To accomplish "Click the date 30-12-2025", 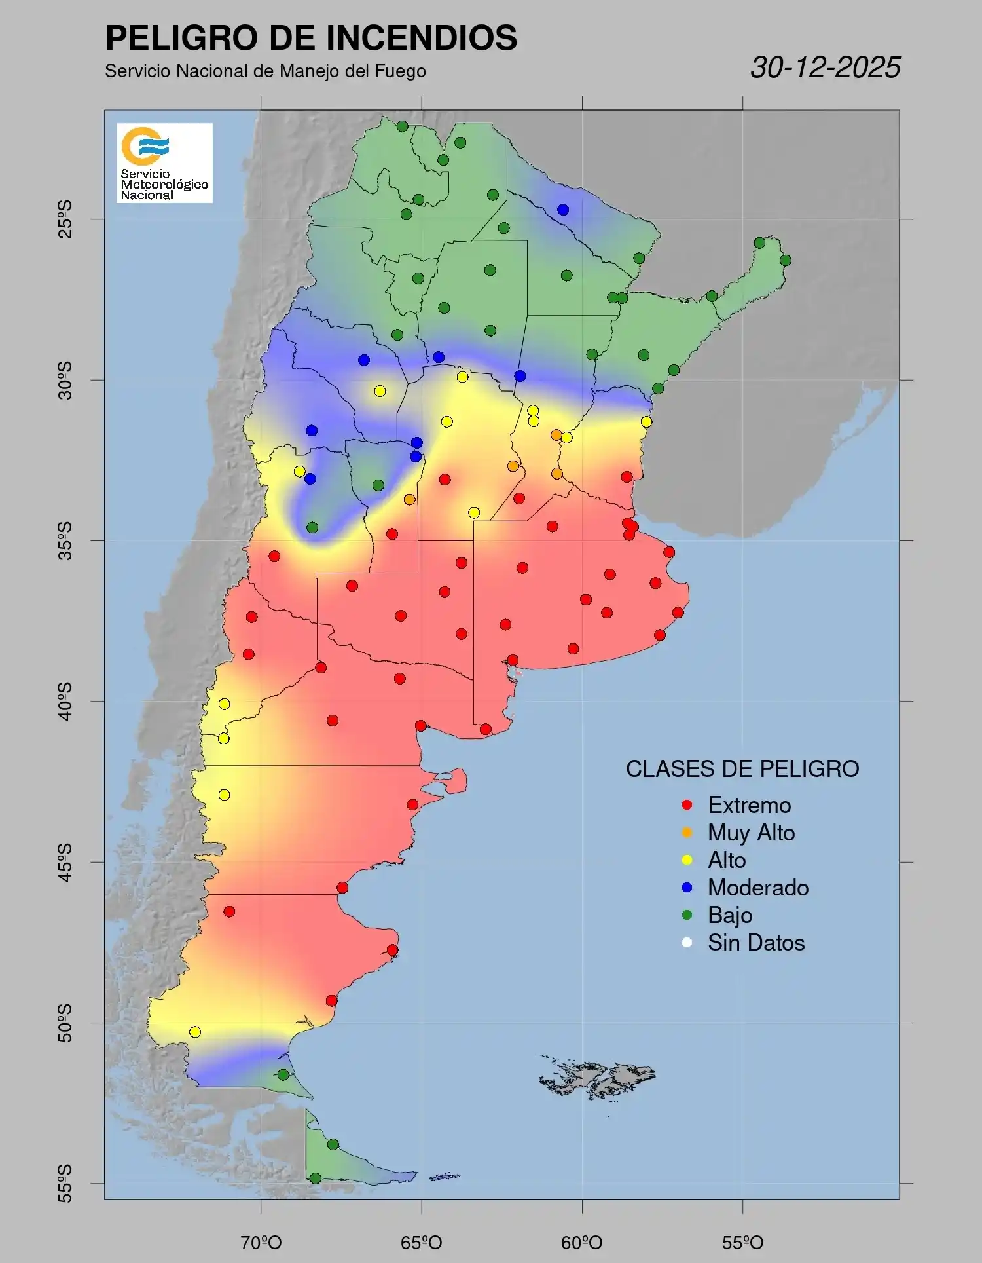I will point(825,67).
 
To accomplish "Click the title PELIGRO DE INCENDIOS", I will point(311,37).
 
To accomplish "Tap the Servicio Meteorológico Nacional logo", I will point(164,162).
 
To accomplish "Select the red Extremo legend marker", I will point(687,805).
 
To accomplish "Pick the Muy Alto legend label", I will point(751,833).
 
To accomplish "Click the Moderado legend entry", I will point(757,888).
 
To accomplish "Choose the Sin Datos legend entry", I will point(755,943).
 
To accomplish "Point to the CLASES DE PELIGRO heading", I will point(742,768).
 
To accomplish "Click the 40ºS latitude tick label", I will point(65,701).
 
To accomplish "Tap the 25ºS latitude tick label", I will point(65,219).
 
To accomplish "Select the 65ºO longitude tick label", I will point(422,1243).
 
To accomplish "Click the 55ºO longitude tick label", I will point(742,1243).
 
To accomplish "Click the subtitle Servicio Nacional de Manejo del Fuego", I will point(265,71).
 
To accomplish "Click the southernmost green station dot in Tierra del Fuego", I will point(315,1178).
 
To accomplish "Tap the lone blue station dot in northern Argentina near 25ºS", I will point(563,210).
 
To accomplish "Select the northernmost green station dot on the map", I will point(402,126).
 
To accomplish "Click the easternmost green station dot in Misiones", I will point(786,261).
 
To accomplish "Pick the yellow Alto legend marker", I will point(687,860).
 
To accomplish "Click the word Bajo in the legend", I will point(729,915).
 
